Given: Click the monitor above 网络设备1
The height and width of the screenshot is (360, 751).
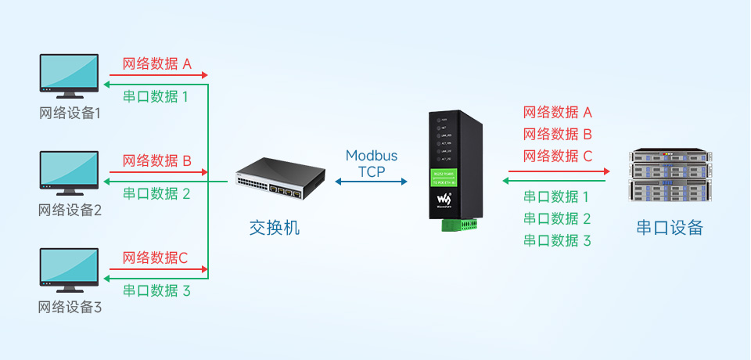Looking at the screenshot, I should tap(69, 77).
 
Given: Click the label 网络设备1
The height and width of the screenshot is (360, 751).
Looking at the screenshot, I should tap(70, 113).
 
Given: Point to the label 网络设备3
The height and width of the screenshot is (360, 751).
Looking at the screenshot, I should tap(70, 308).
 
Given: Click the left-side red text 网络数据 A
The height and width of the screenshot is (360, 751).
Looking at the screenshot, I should tap(157, 64).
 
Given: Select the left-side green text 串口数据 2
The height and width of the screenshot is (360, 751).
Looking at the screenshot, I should tap(157, 193).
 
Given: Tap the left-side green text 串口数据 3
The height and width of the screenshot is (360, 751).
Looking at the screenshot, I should tap(157, 290).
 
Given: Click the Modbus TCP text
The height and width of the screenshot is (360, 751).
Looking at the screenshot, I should tap(372, 164).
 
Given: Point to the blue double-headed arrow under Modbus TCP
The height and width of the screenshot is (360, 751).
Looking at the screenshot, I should tap(372, 182).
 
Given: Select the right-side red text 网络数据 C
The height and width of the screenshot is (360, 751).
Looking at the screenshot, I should tap(558, 156).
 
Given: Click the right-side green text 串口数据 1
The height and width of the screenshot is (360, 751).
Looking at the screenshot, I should tap(556, 196).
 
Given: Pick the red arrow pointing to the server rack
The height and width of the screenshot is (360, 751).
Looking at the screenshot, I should tap(559, 171).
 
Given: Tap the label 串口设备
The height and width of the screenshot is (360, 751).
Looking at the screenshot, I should tap(670, 228).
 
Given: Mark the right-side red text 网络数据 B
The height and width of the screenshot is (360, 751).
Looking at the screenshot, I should tap(558, 134).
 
